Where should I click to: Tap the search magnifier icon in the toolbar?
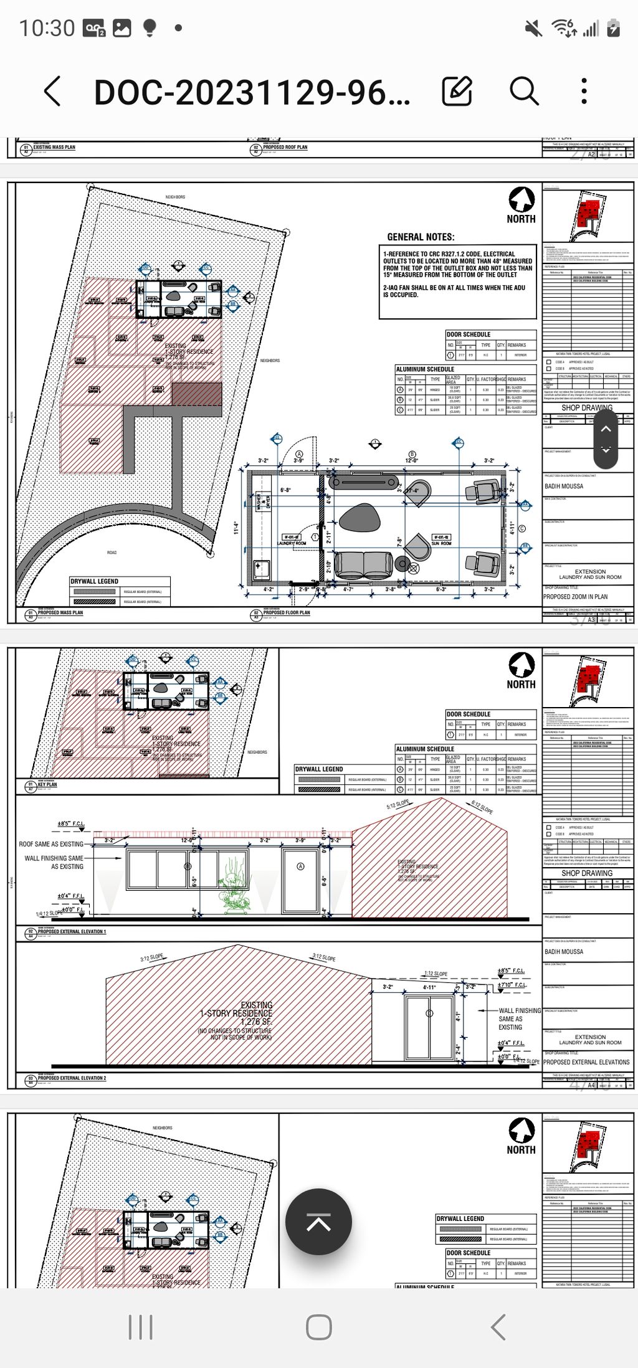[x=524, y=92]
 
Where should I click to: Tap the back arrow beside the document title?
[x=53, y=92]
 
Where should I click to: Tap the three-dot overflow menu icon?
[x=584, y=92]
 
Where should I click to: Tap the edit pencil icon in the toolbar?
[x=457, y=92]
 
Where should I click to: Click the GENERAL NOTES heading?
[x=421, y=237]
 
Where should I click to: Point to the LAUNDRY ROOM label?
[x=292, y=543]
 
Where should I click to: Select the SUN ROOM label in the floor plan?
[x=441, y=543]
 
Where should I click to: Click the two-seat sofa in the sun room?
[x=364, y=564]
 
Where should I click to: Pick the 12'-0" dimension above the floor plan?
[x=412, y=461]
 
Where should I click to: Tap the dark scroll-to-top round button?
[x=318, y=1222]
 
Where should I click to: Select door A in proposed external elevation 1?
[x=300, y=880]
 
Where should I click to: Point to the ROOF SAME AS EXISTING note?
[x=51, y=844]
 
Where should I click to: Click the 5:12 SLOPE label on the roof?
[x=398, y=805]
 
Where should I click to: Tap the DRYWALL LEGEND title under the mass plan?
[x=94, y=581]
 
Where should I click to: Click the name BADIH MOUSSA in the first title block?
[x=564, y=487]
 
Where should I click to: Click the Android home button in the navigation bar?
[x=318, y=1327]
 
